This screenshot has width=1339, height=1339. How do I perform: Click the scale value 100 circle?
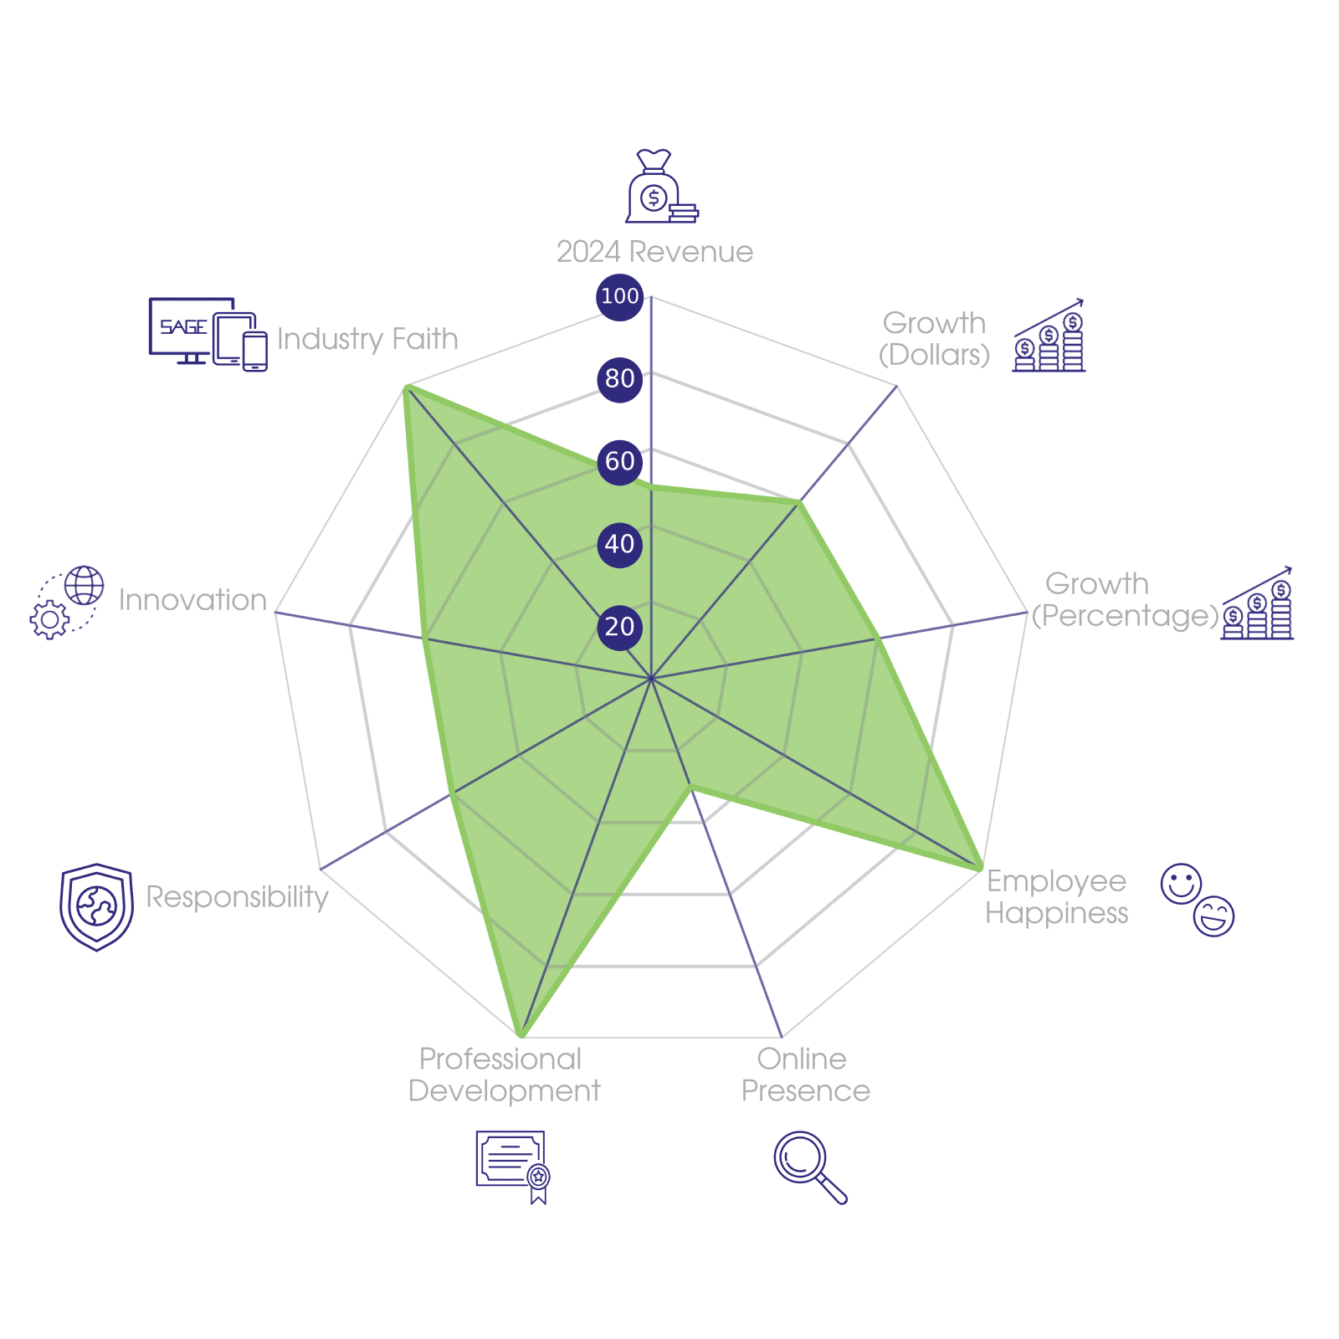pyautogui.click(x=619, y=296)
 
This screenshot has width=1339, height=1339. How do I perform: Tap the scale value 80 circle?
pyautogui.click(x=619, y=379)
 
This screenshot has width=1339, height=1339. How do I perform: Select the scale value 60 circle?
pyautogui.click(x=619, y=461)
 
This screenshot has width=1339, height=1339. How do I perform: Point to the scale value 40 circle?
pyautogui.click(x=619, y=544)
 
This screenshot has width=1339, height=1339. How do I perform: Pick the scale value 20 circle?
pyautogui.click(x=619, y=627)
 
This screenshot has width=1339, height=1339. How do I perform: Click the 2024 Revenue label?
pyautogui.click(x=654, y=252)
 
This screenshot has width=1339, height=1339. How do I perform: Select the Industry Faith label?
pyautogui.click(x=367, y=339)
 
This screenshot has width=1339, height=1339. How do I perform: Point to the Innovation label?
pyautogui.click(x=192, y=600)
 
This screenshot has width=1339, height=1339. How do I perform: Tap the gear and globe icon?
pyautogui.click(x=67, y=603)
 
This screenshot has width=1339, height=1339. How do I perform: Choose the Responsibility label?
pyautogui.click(x=238, y=897)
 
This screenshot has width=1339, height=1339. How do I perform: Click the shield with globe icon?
pyautogui.click(x=96, y=907)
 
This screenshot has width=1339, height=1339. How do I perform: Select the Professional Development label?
pyautogui.click(x=503, y=1075)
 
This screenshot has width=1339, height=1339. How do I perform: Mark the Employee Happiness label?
pyautogui.click(x=1056, y=897)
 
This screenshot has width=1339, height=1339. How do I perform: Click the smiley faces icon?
pyautogui.click(x=1198, y=900)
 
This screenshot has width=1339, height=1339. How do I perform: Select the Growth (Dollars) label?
pyautogui.click(x=934, y=339)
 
